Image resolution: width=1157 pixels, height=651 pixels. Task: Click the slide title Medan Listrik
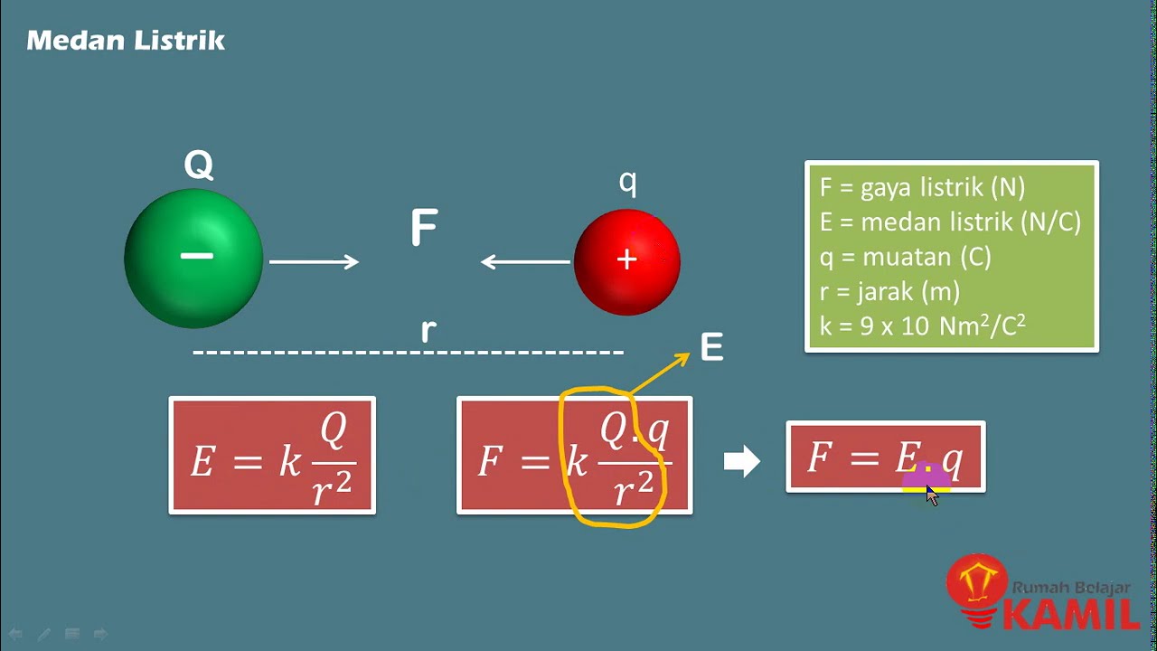[x=126, y=41]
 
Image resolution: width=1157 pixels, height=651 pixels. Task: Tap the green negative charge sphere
[x=193, y=259]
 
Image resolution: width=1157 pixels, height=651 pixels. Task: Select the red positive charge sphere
[x=626, y=262]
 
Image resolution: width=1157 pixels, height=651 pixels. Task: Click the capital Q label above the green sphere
[x=199, y=165]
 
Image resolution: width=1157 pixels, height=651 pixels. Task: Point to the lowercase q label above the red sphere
[x=627, y=183]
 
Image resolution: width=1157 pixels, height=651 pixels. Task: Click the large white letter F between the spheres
[x=424, y=229]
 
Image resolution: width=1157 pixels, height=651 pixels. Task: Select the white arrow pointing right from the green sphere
[x=314, y=262]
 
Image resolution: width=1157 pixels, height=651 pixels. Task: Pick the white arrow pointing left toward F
[x=525, y=262]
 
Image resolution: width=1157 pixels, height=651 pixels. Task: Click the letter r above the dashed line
[x=428, y=331]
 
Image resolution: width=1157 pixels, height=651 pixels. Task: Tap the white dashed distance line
[x=409, y=352]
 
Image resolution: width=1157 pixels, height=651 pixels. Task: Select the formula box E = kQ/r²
[x=272, y=456]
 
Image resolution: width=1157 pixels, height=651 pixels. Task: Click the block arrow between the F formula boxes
[x=742, y=462]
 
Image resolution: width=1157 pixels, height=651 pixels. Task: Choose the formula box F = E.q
[x=885, y=458]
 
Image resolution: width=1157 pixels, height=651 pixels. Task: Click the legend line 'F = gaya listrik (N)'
[x=922, y=188]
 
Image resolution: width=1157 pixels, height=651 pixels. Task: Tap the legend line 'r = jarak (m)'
[x=889, y=291]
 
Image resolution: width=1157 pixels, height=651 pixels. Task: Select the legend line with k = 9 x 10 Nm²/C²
[x=922, y=325]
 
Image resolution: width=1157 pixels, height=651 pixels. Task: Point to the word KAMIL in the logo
[x=1073, y=614]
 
